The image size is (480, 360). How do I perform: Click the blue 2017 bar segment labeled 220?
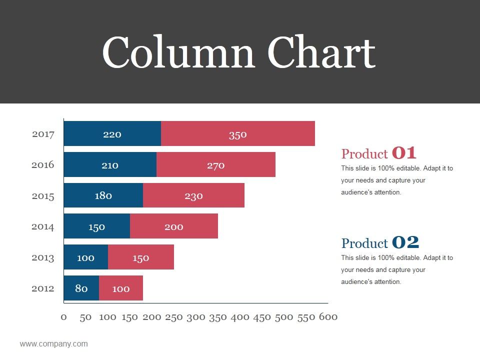[112, 134]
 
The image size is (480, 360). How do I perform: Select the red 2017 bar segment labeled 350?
[238, 134]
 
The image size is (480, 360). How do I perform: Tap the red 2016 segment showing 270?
[216, 165]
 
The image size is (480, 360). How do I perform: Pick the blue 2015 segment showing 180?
[103, 195]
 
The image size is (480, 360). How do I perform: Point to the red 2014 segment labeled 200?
[174, 226]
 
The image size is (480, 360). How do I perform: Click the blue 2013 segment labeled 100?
[86, 257]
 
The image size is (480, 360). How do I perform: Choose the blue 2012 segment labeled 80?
[81, 288]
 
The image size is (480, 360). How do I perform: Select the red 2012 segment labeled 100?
[121, 288]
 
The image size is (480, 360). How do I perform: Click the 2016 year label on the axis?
[43, 164]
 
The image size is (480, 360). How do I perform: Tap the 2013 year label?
[43, 257]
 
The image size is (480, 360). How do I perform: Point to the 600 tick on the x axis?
[328, 317]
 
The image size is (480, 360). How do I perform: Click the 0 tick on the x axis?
[63, 317]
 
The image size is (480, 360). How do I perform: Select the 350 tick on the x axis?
[217, 317]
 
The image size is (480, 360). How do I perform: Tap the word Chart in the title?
[321, 53]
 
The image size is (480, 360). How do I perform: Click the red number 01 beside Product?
[404, 153]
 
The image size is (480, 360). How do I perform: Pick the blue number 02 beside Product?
[405, 242]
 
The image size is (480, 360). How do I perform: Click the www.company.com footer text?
[53, 344]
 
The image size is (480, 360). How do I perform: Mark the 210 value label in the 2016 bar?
[110, 165]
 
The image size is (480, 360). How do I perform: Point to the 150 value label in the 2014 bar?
[97, 226]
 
